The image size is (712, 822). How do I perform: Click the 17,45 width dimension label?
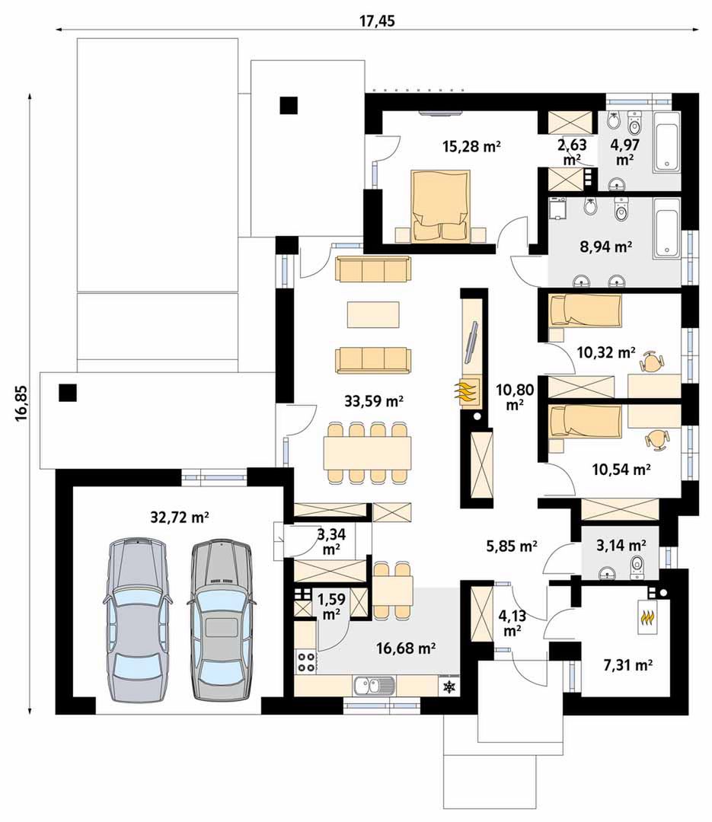point(377,21)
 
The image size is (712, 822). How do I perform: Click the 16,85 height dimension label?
point(21,403)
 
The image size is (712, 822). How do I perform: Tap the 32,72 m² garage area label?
point(180,518)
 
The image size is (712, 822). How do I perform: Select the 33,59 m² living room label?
point(374,402)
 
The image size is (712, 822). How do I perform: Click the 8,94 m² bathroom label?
point(605,247)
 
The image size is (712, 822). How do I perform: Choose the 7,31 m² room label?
point(628,666)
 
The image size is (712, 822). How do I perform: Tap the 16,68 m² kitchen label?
point(406,648)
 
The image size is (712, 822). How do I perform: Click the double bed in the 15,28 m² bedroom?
point(439,206)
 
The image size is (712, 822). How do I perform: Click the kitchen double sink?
point(374,685)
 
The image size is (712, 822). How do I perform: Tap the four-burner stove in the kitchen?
point(307,661)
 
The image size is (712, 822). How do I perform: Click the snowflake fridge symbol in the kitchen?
point(450,687)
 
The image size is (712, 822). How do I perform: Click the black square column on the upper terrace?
point(288,106)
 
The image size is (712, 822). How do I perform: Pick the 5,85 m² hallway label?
point(512,546)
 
